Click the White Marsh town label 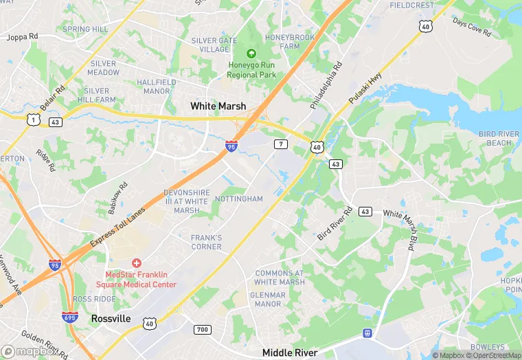218,106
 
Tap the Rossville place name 111,319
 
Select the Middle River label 292,352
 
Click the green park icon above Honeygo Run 251,53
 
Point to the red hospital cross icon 137,263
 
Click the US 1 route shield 32,120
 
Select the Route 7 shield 280,144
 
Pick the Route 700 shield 201,330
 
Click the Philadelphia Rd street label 326,87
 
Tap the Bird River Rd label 334,223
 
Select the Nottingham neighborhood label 239,199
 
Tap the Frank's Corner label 206,242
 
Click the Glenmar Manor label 267,299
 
